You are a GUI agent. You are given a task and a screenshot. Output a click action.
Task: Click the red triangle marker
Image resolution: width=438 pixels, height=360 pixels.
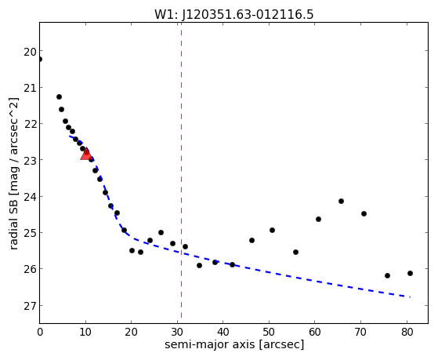(86, 155)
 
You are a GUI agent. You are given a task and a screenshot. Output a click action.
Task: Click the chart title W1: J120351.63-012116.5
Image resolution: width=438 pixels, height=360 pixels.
(234, 15)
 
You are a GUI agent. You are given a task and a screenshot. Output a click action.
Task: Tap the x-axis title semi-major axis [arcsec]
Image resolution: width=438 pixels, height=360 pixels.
(234, 344)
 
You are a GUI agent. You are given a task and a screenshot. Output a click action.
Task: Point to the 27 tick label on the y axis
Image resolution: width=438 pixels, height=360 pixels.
(30, 305)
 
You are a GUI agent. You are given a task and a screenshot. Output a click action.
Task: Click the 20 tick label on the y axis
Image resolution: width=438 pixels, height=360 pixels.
(30, 52)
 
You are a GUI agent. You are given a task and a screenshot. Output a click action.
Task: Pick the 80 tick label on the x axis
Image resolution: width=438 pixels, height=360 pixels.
(407, 332)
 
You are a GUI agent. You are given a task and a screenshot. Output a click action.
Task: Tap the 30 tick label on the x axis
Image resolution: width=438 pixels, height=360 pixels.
(177, 332)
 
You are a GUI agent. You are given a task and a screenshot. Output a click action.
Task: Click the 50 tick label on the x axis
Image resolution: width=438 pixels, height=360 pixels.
(269, 332)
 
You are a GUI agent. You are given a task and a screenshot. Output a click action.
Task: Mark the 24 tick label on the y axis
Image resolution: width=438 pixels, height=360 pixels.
(30, 197)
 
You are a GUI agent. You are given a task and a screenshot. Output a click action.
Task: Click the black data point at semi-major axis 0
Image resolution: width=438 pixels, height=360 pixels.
(40, 60)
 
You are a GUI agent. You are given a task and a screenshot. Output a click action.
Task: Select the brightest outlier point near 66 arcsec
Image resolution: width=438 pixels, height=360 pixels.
(341, 201)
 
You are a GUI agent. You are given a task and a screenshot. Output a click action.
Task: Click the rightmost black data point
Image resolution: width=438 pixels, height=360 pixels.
(410, 273)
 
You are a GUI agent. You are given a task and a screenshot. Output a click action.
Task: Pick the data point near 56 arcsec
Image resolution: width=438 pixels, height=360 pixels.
(296, 252)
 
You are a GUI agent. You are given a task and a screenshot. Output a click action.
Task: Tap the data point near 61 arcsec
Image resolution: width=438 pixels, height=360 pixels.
(318, 219)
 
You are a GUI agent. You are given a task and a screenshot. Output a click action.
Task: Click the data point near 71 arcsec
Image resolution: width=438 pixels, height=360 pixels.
(364, 213)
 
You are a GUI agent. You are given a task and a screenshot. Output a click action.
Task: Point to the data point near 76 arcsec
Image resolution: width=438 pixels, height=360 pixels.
(387, 275)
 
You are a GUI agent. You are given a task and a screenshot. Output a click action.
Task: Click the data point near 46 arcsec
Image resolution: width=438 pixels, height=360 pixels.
(252, 240)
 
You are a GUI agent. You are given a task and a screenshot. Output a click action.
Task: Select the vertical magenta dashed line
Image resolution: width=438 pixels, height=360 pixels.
(181, 170)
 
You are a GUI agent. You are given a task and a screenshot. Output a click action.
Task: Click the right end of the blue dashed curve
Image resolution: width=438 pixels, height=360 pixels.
(410, 296)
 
